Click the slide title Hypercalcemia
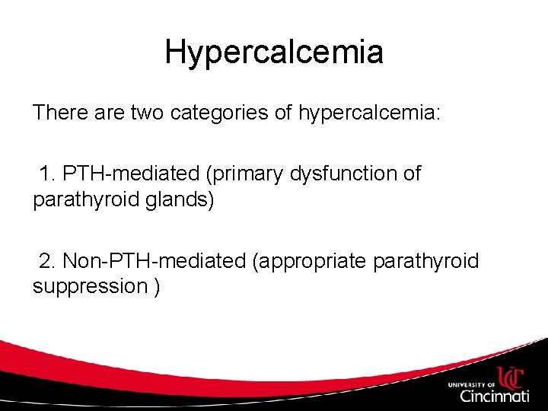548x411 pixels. click(x=274, y=53)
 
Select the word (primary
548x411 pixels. click(x=244, y=174)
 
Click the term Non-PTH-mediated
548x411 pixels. click(x=155, y=261)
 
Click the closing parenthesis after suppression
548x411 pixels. click(x=156, y=288)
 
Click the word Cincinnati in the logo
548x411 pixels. click(x=494, y=396)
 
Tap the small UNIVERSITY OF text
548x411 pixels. click(x=471, y=384)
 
